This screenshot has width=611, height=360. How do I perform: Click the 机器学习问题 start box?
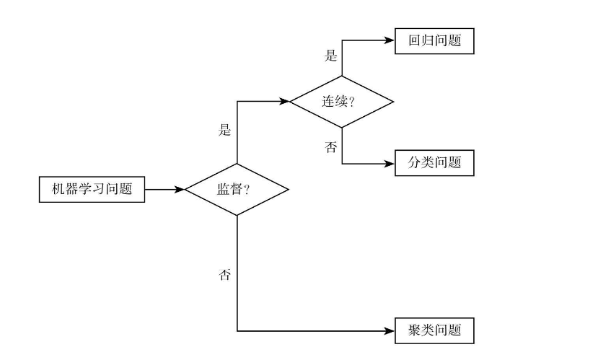click(91, 190)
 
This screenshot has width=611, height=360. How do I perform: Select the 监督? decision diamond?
click(237, 190)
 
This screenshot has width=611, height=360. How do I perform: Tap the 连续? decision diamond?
click(342, 102)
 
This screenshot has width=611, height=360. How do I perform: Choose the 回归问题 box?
click(434, 40)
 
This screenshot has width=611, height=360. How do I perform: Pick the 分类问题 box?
click(434, 163)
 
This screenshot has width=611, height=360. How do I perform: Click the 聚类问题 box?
click(434, 331)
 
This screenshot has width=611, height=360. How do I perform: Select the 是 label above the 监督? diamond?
click(225, 131)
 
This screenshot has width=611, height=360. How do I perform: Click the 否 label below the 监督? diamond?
click(225, 276)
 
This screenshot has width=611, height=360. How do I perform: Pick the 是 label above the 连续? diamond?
click(331, 56)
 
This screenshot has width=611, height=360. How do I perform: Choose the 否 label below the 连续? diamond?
click(331, 148)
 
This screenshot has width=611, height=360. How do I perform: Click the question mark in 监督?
click(247, 190)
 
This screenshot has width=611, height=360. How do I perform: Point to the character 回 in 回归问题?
click(414, 40)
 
